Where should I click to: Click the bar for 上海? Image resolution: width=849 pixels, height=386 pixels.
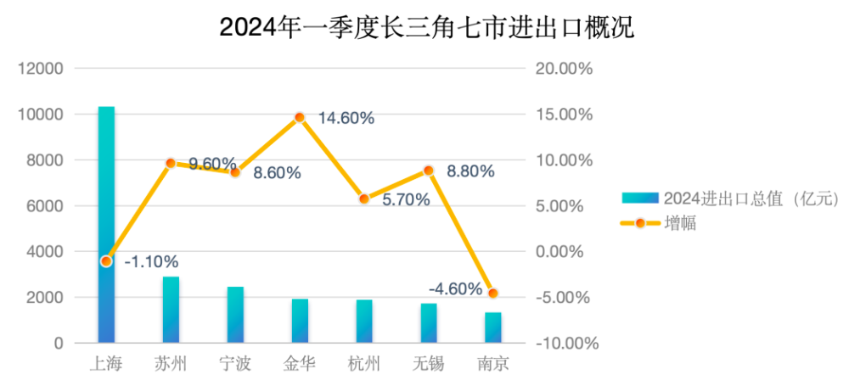[106, 225]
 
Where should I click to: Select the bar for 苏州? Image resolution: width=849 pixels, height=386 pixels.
[171, 310]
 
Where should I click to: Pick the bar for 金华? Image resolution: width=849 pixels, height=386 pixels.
[300, 321]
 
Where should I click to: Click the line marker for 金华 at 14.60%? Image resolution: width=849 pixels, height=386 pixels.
[300, 117]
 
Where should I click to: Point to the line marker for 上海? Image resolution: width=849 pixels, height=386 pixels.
[106, 261]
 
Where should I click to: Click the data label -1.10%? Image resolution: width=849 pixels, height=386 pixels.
[151, 261]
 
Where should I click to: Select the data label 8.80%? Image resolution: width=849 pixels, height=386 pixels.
[469, 171]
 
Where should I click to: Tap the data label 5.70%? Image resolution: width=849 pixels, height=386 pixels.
[406, 200]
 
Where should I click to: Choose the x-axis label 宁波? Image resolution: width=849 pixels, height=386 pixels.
[235, 365]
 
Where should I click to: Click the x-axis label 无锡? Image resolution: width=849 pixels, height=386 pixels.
[429, 365]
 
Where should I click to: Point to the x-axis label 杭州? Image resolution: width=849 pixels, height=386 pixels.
[364, 365]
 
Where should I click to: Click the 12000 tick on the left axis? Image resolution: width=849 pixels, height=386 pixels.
[42, 69]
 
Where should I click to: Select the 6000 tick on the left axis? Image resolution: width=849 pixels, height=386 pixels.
[46, 206]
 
